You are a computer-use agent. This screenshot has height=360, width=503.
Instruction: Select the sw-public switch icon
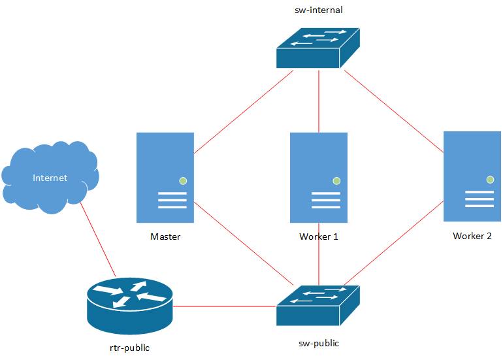click(318, 306)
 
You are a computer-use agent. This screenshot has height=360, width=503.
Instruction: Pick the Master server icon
click(165, 177)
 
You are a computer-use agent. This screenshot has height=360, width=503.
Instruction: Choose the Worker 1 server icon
click(319, 177)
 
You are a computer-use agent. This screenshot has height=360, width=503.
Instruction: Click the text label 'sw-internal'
click(319, 10)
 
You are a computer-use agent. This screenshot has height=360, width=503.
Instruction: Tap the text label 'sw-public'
click(318, 343)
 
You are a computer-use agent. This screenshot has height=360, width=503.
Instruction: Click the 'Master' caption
click(165, 237)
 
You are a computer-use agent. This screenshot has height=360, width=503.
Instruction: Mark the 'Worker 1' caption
click(319, 237)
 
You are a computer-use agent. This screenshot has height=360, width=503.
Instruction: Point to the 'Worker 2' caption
click(472, 236)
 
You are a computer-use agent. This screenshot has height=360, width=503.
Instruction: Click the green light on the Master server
click(183, 180)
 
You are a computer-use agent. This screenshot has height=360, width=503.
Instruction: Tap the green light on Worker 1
click(336, 180)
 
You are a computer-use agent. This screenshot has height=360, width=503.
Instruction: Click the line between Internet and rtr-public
click(98, 238)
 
